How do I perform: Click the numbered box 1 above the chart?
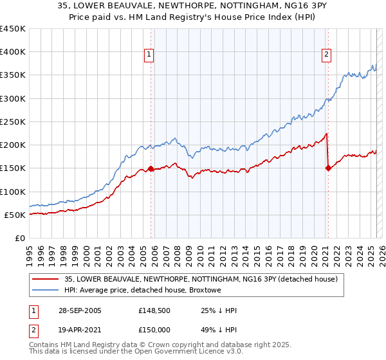click(x=149, y=55)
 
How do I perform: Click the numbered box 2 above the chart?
click(x=326, y=55)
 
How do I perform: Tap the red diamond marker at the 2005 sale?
click(x=151, y=168)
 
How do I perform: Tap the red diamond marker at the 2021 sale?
click(x=328, y=168)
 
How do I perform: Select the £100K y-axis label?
click(x=13, y=192)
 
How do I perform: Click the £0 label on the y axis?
click(x=20, y=238)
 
